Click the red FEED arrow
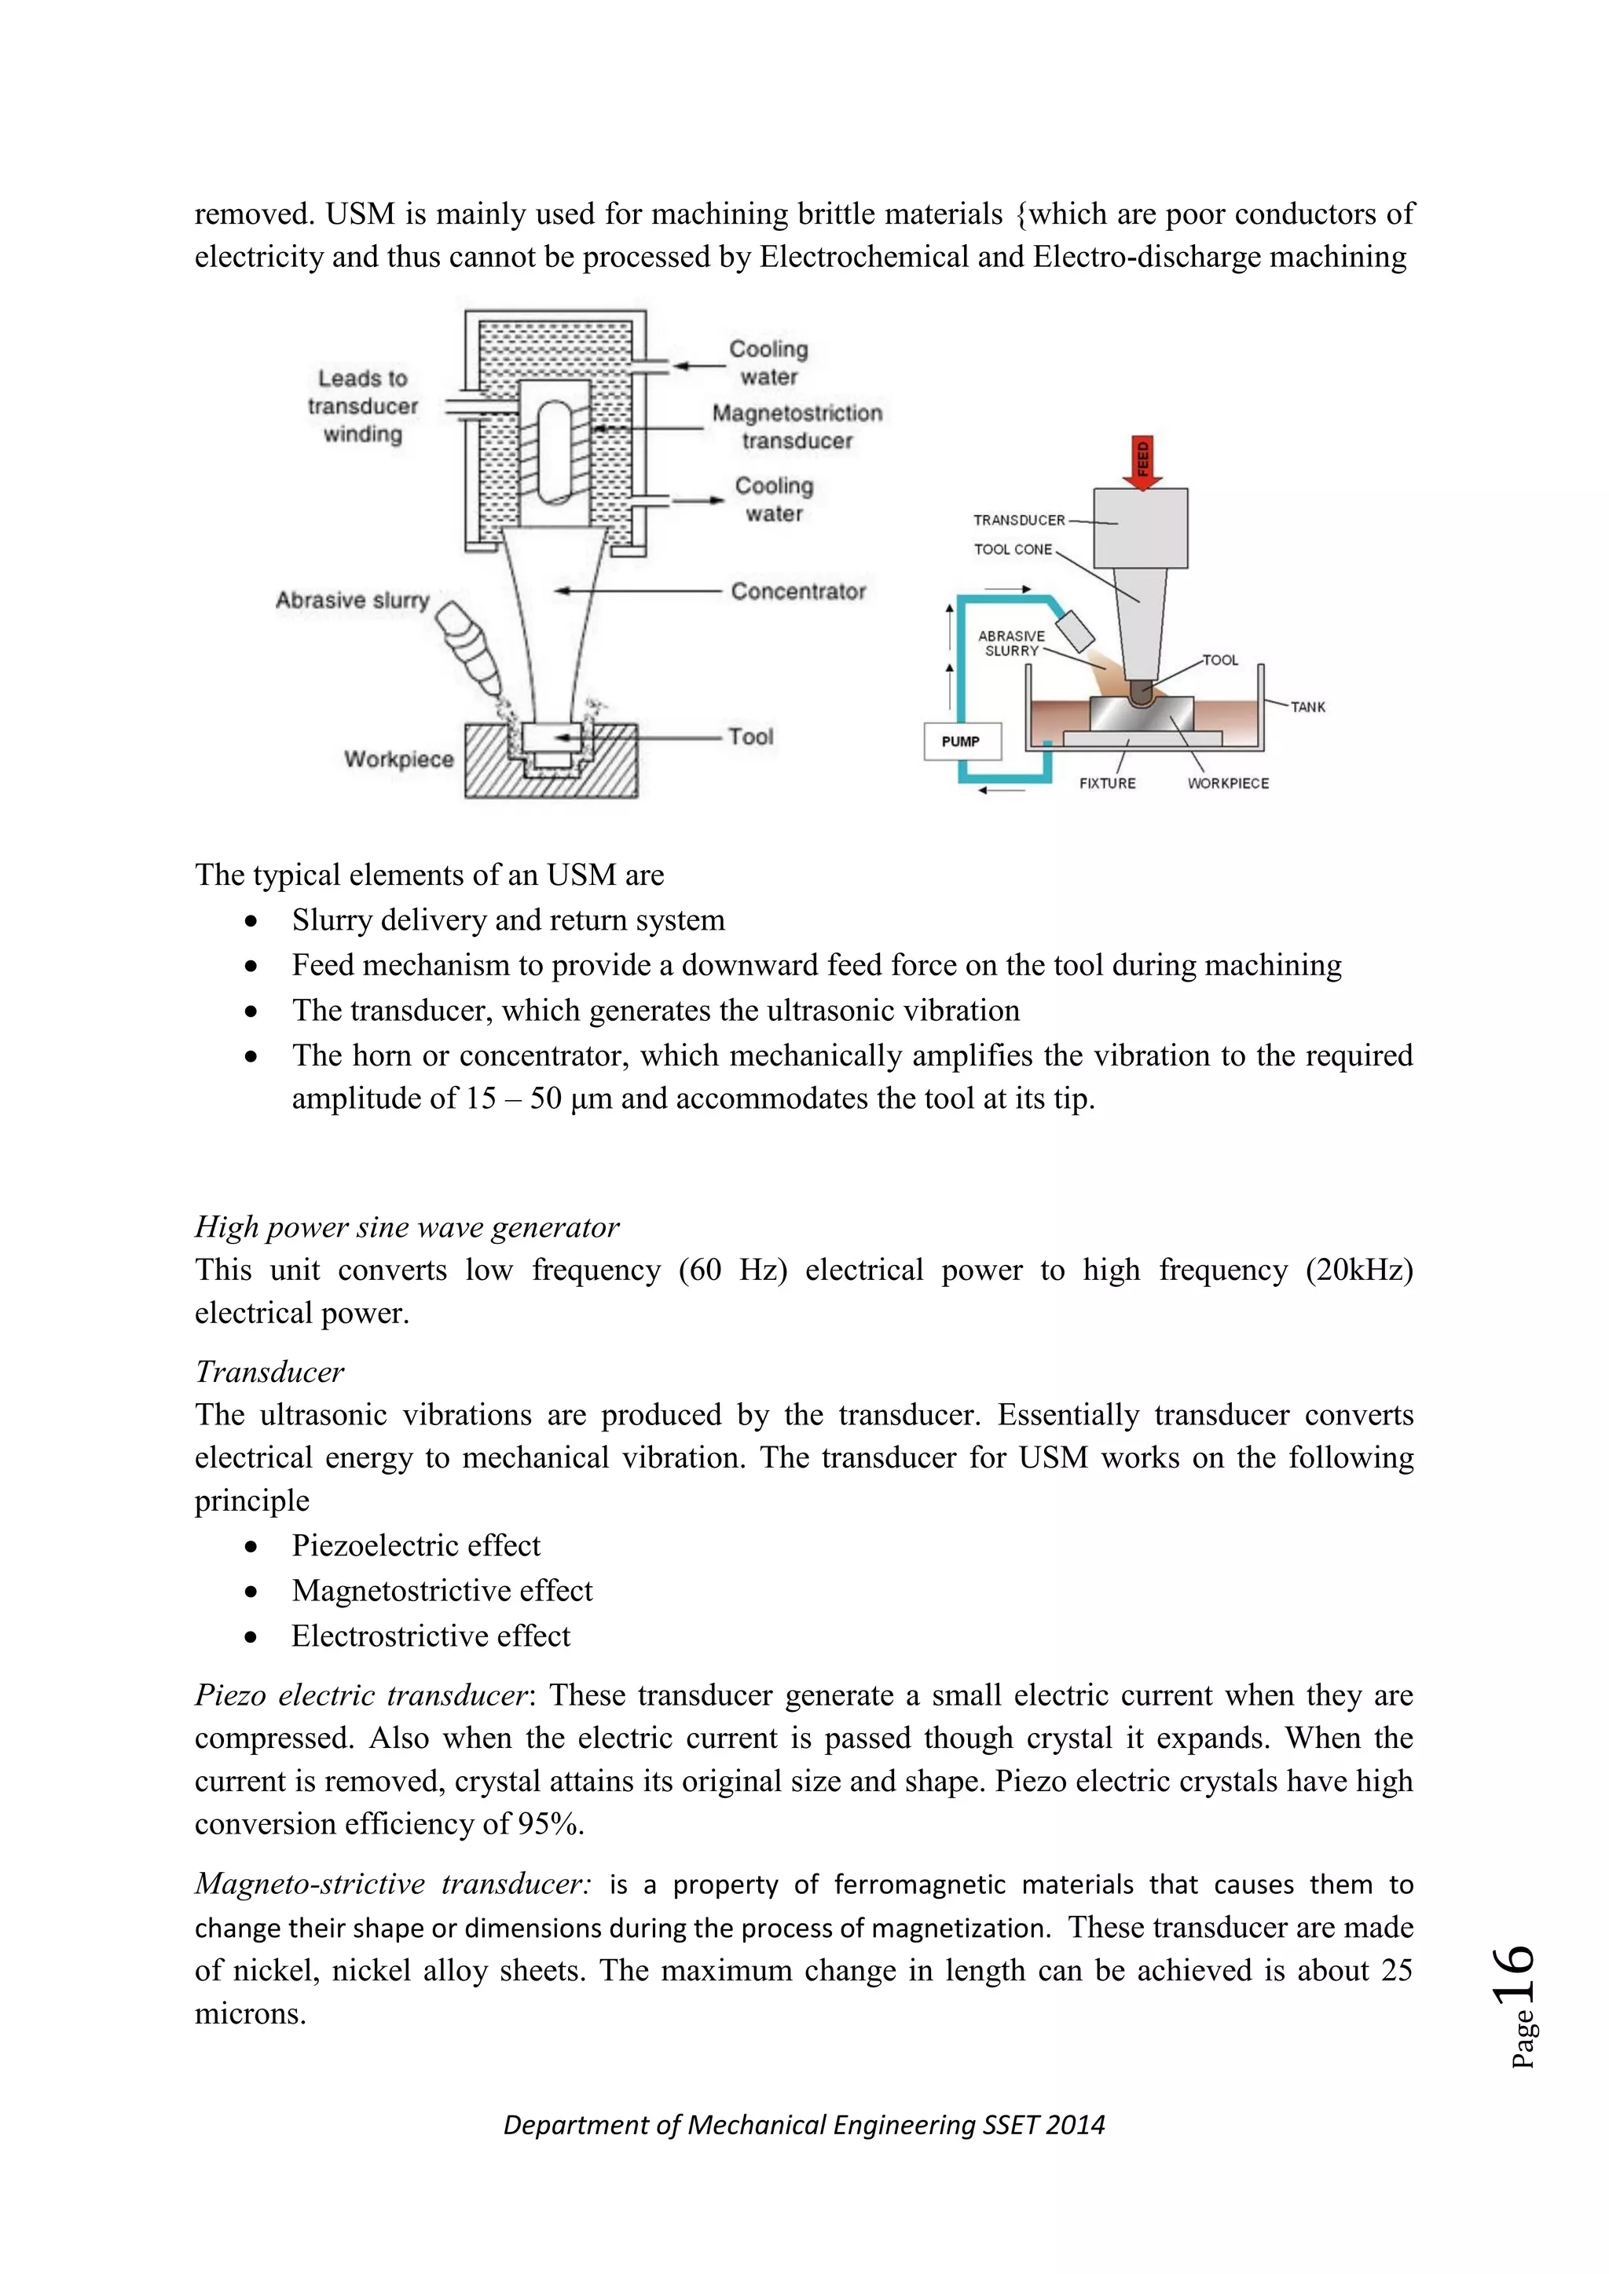[x=1142, y=462]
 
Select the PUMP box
[x=961, y=740]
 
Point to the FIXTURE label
[x=1107, y=784]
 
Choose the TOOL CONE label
[x=1013, y=550]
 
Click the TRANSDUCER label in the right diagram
[x=1018, y=520]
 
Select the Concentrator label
[x=797, y=591]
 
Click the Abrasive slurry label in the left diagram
[x=352, y=600]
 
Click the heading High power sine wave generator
[x=406, y=1227]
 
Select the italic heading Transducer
[x=269, y=1372]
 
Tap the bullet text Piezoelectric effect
[x=416, y=1545]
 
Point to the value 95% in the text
[x=549, y=1823]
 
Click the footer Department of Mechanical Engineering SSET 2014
[x=804, y=2125]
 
